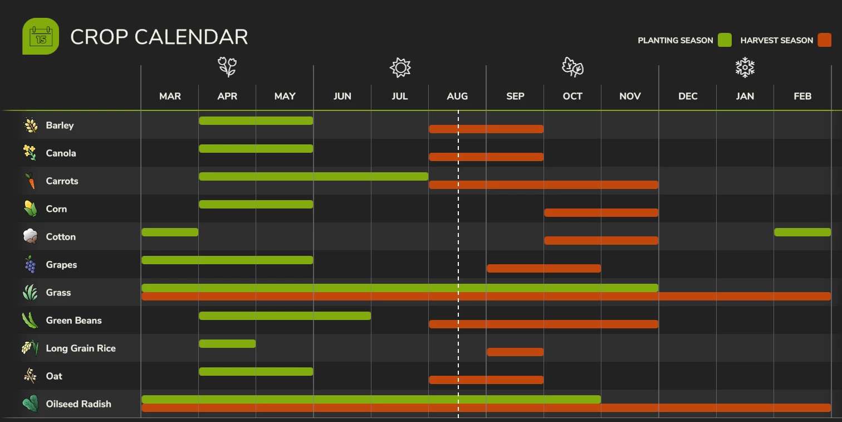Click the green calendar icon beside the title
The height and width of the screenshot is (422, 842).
[x=40, y=36]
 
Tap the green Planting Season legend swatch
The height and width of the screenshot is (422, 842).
[x=724, y=40]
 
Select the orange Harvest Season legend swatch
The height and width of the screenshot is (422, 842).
[x=824, y=40]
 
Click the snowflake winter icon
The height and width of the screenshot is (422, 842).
[x=745, y=67]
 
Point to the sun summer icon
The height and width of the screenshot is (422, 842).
[x=400, y=67]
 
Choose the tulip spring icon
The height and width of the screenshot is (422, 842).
[x=227, y=67]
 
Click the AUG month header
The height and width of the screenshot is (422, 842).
[x=457, y=96]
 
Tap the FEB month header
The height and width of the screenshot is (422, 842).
[x=802, y=96]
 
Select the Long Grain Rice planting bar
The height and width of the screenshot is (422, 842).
[x=227, y=343]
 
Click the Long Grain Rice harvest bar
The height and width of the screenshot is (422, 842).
[x=515, y=352]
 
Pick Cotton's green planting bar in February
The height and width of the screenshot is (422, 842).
[x=802, y=232]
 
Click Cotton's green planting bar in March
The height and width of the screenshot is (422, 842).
[x=170, y=232]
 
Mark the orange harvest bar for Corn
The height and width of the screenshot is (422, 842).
[x=601, y=212]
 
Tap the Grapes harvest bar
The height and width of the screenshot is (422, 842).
[x=544, y=268]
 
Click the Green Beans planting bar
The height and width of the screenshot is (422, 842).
[x=285, y=316]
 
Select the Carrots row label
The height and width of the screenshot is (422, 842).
[x=62, y=181]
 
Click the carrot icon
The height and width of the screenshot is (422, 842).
[x=30, y=181]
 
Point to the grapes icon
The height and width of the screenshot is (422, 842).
[x=30, y=264]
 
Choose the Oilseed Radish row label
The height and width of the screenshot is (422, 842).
[x=79, y=404]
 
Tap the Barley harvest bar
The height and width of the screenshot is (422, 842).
[x=486, y=129]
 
